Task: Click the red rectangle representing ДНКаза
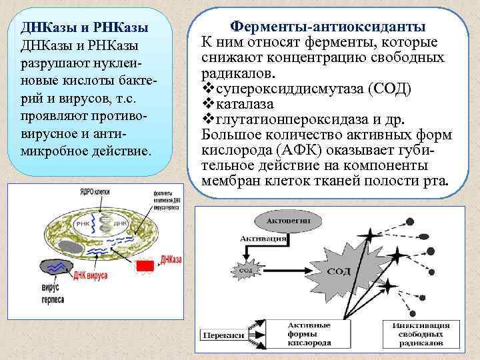(145, 265)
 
